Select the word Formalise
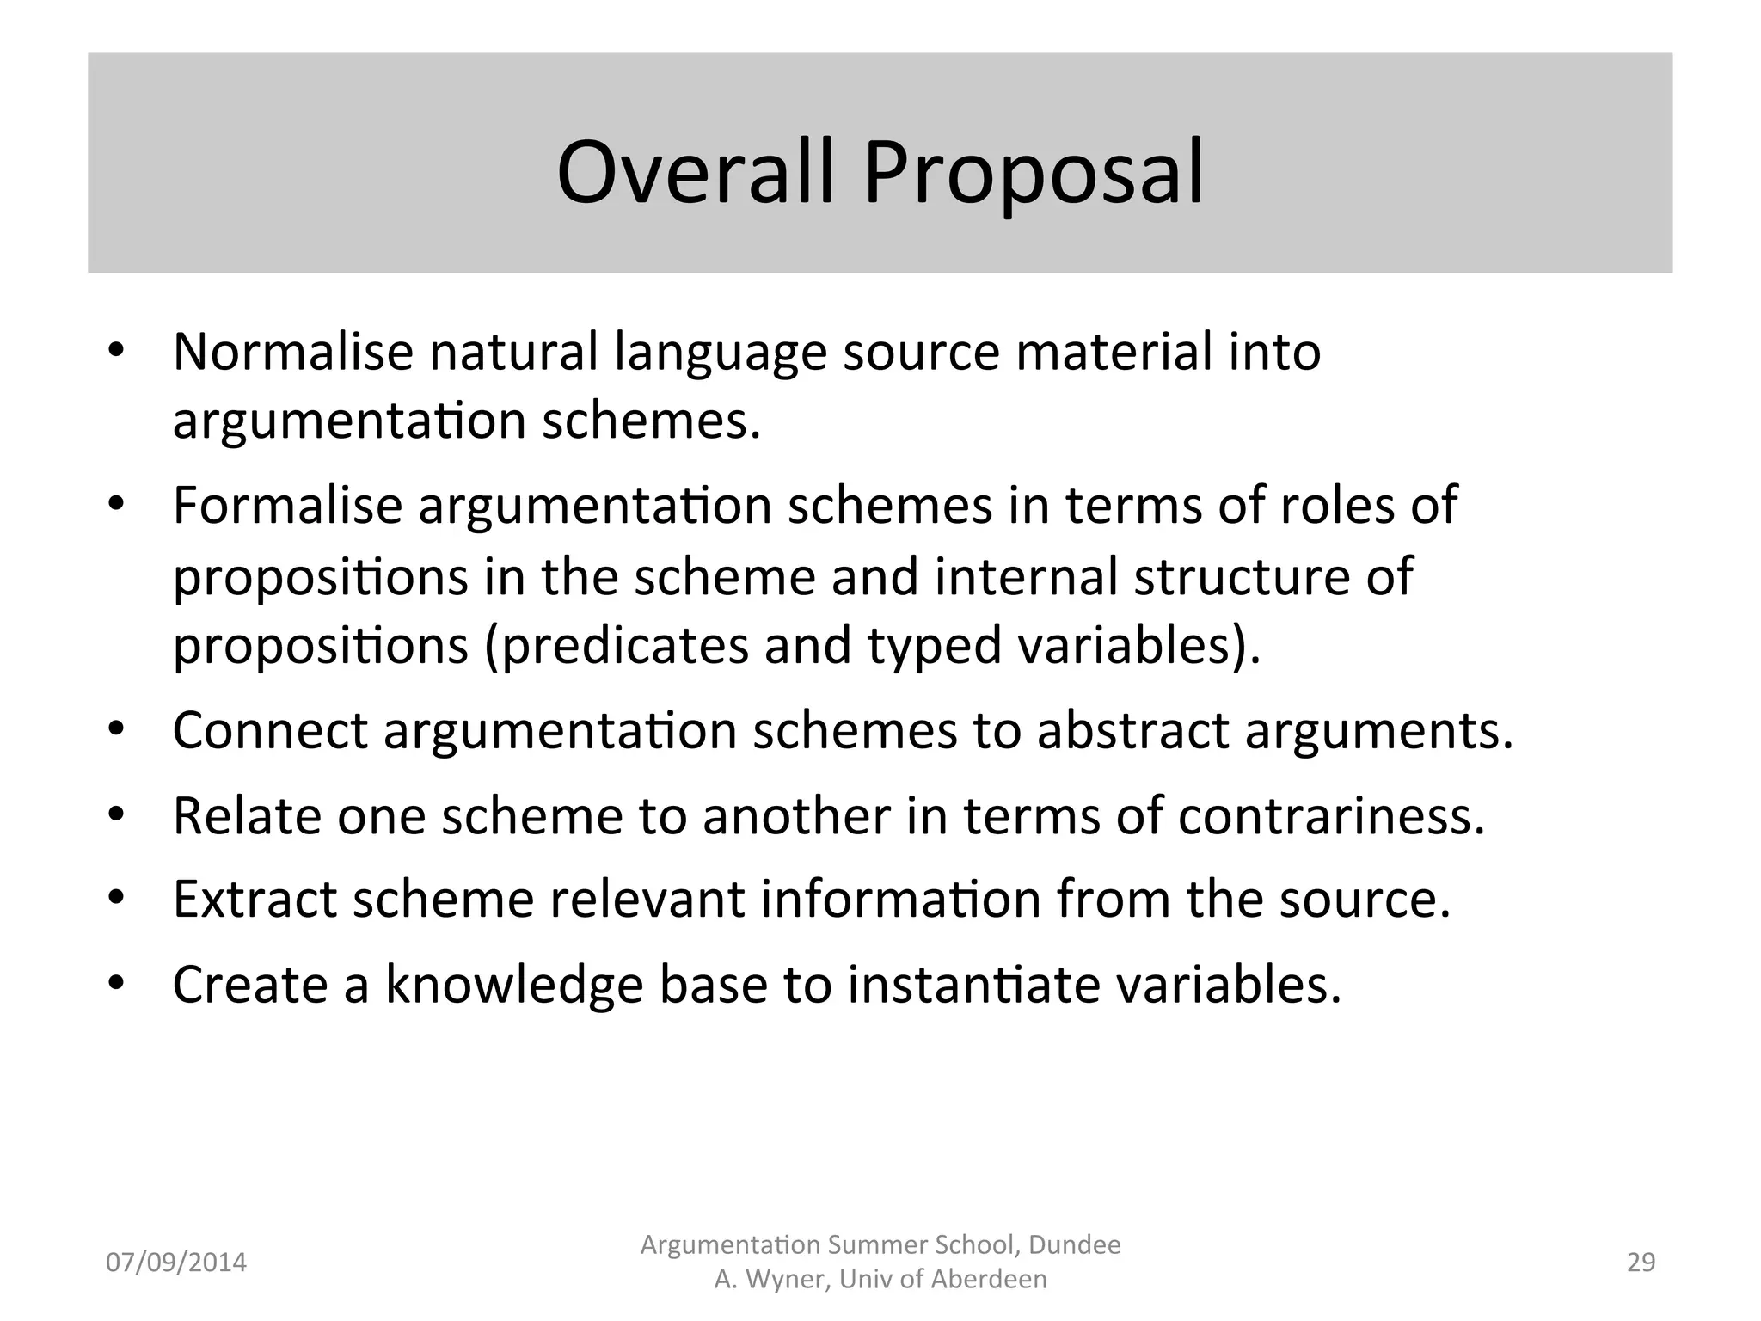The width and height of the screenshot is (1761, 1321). pos(287,505)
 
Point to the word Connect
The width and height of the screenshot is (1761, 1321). pos(270,730)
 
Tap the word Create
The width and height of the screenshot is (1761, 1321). pos(250,984)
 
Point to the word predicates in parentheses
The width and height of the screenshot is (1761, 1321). pos(617,646)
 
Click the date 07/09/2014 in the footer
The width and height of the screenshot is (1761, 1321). pos(176,1263)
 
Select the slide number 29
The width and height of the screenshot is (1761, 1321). pos(1641,1263)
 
